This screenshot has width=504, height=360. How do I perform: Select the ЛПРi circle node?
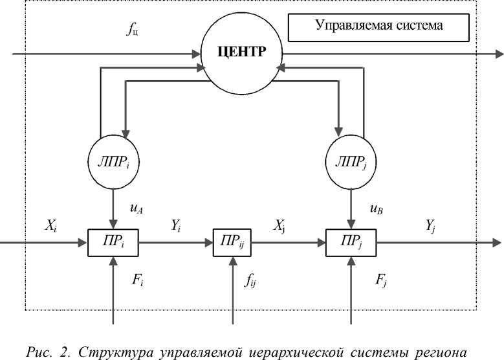click(114, 159)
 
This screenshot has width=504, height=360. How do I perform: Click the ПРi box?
click(114, 242)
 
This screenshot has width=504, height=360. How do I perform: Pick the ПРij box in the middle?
click(232, 242)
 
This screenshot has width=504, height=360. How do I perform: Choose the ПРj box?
click(350, 242)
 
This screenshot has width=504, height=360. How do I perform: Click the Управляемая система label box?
click(378, 26)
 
